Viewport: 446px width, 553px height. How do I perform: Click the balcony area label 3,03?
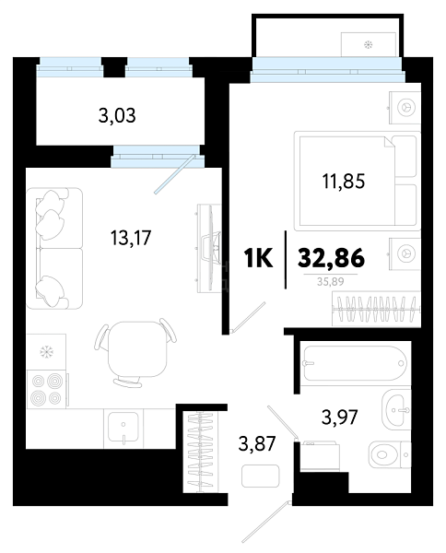117,116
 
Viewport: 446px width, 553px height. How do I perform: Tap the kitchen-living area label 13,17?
131,238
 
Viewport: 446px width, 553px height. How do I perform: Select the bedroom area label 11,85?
344,182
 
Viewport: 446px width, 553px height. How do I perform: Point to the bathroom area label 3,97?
339,417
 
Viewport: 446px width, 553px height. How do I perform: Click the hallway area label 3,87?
257,443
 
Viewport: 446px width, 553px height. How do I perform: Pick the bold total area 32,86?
331,258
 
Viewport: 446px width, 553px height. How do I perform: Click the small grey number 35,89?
331,281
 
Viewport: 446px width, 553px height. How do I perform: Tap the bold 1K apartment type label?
258,258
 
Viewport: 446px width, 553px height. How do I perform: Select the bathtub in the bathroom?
355,363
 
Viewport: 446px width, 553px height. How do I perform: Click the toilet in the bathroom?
390,454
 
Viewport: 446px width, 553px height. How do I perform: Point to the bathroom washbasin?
396,409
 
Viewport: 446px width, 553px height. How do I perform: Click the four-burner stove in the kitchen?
47,389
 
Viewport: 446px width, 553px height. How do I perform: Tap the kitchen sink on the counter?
123,428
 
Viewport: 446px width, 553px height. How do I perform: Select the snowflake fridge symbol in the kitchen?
46,352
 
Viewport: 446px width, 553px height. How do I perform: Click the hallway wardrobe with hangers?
201,452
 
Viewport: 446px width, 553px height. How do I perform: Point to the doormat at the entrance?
260,476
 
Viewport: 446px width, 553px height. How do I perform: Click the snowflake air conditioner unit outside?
369,44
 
